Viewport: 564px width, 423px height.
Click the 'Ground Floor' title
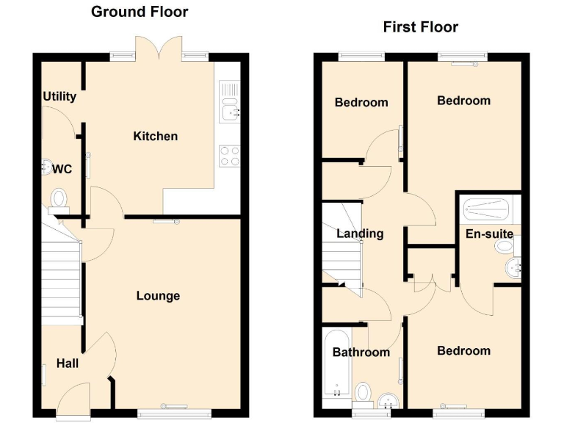click(139, 12)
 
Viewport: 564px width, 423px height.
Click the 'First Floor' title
click(420, 27)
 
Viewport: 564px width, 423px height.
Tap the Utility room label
click(59, 96)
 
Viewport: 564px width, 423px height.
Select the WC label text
click(62, 169)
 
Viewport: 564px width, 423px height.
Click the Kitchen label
click(155, 136)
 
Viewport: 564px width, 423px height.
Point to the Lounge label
click(158, 296)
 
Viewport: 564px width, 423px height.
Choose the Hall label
click(68, 364)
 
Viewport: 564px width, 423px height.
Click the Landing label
click(360, 234)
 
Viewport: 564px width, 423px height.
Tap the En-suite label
click(489, 234)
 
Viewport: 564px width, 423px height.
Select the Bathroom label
click(361, 352)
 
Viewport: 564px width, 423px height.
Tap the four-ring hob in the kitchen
click(230, 155)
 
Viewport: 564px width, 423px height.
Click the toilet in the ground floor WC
click(59, 198)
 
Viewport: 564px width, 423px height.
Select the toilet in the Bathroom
click(363, 392)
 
